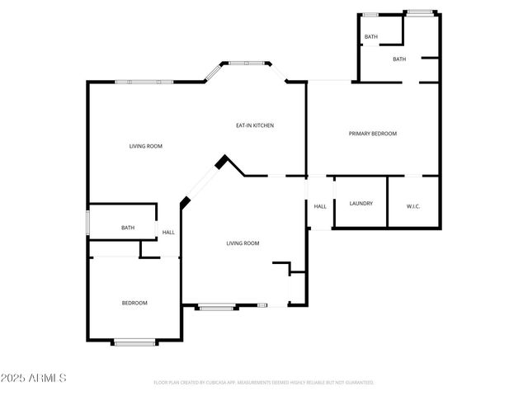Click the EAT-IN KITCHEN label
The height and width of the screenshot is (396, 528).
(x=255, y=125)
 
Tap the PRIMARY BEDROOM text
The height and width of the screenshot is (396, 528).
(x=372, y=134)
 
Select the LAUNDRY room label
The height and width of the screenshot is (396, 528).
(x=361, y=203)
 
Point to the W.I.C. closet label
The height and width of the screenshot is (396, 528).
(x=413, y=206)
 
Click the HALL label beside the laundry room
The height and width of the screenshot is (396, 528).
(x=320, y=206)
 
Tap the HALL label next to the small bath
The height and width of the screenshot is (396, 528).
(x=168, y=233)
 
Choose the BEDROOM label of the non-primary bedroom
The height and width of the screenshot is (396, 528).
(x=134, y=303)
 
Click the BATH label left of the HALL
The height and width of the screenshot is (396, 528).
(x=128, y=228)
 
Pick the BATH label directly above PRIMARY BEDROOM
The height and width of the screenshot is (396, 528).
(x=399, y=59)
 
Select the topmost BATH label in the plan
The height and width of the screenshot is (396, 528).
(x=371, y=37)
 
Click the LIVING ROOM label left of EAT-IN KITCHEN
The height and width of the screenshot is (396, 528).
(x=146, y=146)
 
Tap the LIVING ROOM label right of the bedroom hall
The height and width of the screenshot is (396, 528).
(x=243, y=243)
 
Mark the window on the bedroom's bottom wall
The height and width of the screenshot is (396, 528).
(x=134, y=342)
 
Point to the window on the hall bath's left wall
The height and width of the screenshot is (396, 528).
(x=88, y=224)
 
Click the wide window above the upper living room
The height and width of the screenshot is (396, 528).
(x=144, y=81)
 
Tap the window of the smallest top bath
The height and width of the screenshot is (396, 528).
(x=371, y=14)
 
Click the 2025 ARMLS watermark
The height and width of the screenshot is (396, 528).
(x=34, y=377)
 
